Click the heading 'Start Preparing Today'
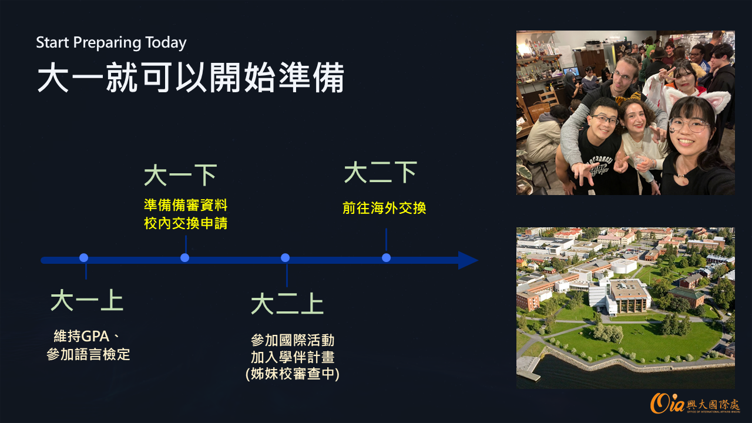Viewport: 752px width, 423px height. pos(111,43)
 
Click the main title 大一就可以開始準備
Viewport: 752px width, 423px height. pos(191,77)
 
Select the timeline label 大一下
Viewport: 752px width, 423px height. pos(180,174)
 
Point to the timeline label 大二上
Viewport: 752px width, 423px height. pos(287,303)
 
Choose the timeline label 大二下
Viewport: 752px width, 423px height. pos(380,172)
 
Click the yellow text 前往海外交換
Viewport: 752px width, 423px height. pos(384,208)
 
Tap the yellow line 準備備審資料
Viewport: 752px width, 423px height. pos(186,205)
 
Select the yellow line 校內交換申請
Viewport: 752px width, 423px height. pos(186,223)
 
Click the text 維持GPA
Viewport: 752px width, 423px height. pos(82,336)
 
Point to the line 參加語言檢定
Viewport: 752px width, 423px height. pos(88,354)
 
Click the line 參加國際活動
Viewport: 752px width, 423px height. pos(293,340)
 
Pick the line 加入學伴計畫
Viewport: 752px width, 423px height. pos(293,357)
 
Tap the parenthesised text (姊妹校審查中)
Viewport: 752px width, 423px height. pos(293,374)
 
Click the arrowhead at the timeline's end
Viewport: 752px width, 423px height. pos(468,260)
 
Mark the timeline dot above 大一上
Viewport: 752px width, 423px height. pos(84,258)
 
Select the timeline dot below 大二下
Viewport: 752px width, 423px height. pos(387,258)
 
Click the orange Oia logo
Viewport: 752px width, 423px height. pos(667,403)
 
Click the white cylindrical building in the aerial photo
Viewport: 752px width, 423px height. pos(623,266)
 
